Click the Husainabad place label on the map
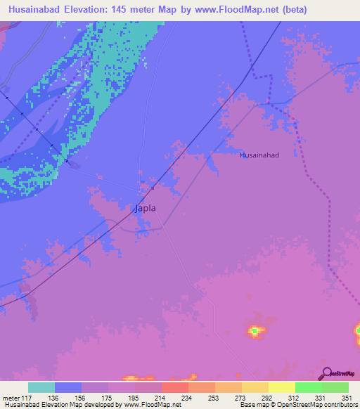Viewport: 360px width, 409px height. click(259, 155)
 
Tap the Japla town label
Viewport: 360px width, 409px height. click(144, 208)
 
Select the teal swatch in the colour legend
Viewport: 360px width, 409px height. click(41, 387)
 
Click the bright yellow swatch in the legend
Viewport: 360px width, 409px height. click(281, 387)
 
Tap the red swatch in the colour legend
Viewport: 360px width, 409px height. click(174, 387)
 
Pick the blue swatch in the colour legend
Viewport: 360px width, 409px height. click(68, 387)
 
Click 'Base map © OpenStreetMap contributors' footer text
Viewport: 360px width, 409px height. click(295, 405)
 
